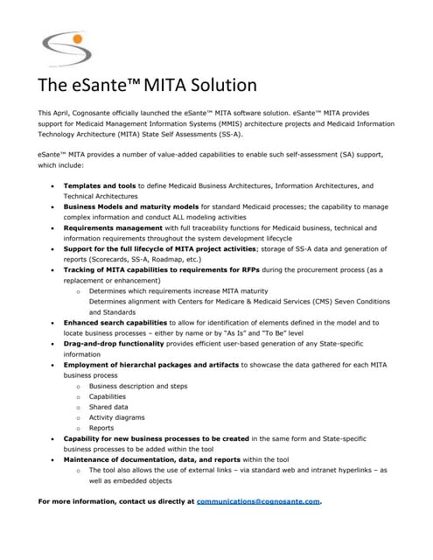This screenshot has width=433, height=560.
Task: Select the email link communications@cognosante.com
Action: pos(259,501)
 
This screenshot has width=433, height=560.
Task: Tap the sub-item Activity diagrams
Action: pos(117,417)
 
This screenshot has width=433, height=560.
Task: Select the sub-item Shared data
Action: pos(108,407)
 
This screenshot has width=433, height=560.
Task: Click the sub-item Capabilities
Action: pos(108,396)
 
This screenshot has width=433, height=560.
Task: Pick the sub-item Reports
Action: pos(101,428)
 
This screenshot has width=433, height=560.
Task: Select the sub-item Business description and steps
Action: pos(138,386)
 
